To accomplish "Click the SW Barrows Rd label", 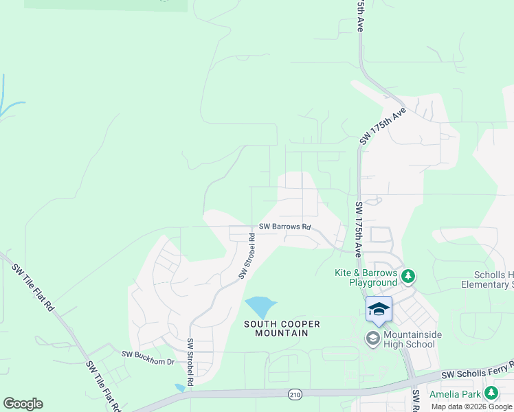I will [284, 227].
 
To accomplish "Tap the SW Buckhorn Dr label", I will [148, 354].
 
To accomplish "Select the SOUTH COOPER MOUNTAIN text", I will [274, 328].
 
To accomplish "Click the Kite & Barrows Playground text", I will [366, 277].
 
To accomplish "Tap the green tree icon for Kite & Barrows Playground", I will [409, 276].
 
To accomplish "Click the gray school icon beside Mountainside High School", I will [372, 338].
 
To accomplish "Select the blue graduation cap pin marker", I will [379, 310].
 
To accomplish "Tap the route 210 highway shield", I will [294, 393].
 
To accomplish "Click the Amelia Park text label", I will [454, 394].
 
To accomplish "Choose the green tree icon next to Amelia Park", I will [491, 393].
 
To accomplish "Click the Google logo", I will [23, 404].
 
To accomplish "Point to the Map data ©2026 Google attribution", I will [472, 407].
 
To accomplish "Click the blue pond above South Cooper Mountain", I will [260, 306].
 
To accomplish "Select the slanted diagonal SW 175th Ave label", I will [383, 125].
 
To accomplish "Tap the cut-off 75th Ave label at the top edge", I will [359, 15].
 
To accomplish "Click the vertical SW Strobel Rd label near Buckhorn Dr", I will [190, 360].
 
